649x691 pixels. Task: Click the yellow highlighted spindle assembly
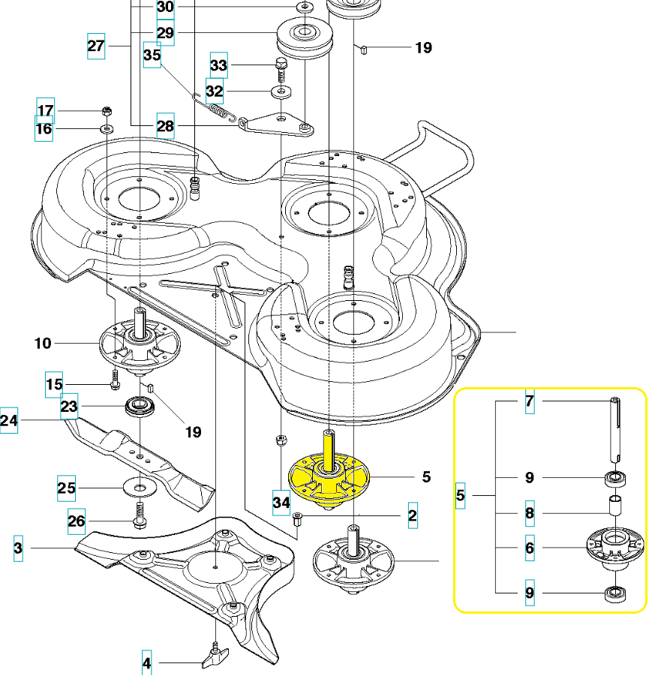tap(331, 479)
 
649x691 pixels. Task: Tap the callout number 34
tap(281, 502)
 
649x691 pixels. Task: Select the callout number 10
tap(44, 344)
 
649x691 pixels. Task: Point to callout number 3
tap(18, 548)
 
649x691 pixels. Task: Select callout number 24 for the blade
tap(9, 420)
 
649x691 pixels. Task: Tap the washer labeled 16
tap(106, 129)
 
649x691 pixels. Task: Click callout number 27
tap(96, 45)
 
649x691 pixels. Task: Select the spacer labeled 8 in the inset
tap(614, 504)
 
